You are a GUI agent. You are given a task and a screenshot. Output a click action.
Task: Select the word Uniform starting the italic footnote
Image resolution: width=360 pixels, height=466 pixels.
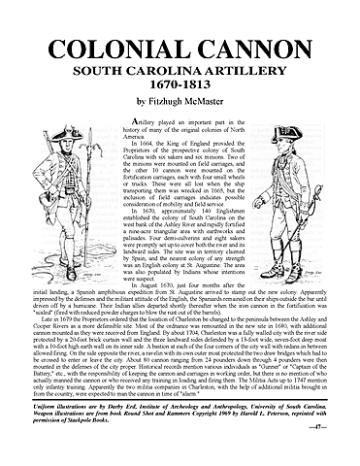pos(35,414)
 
